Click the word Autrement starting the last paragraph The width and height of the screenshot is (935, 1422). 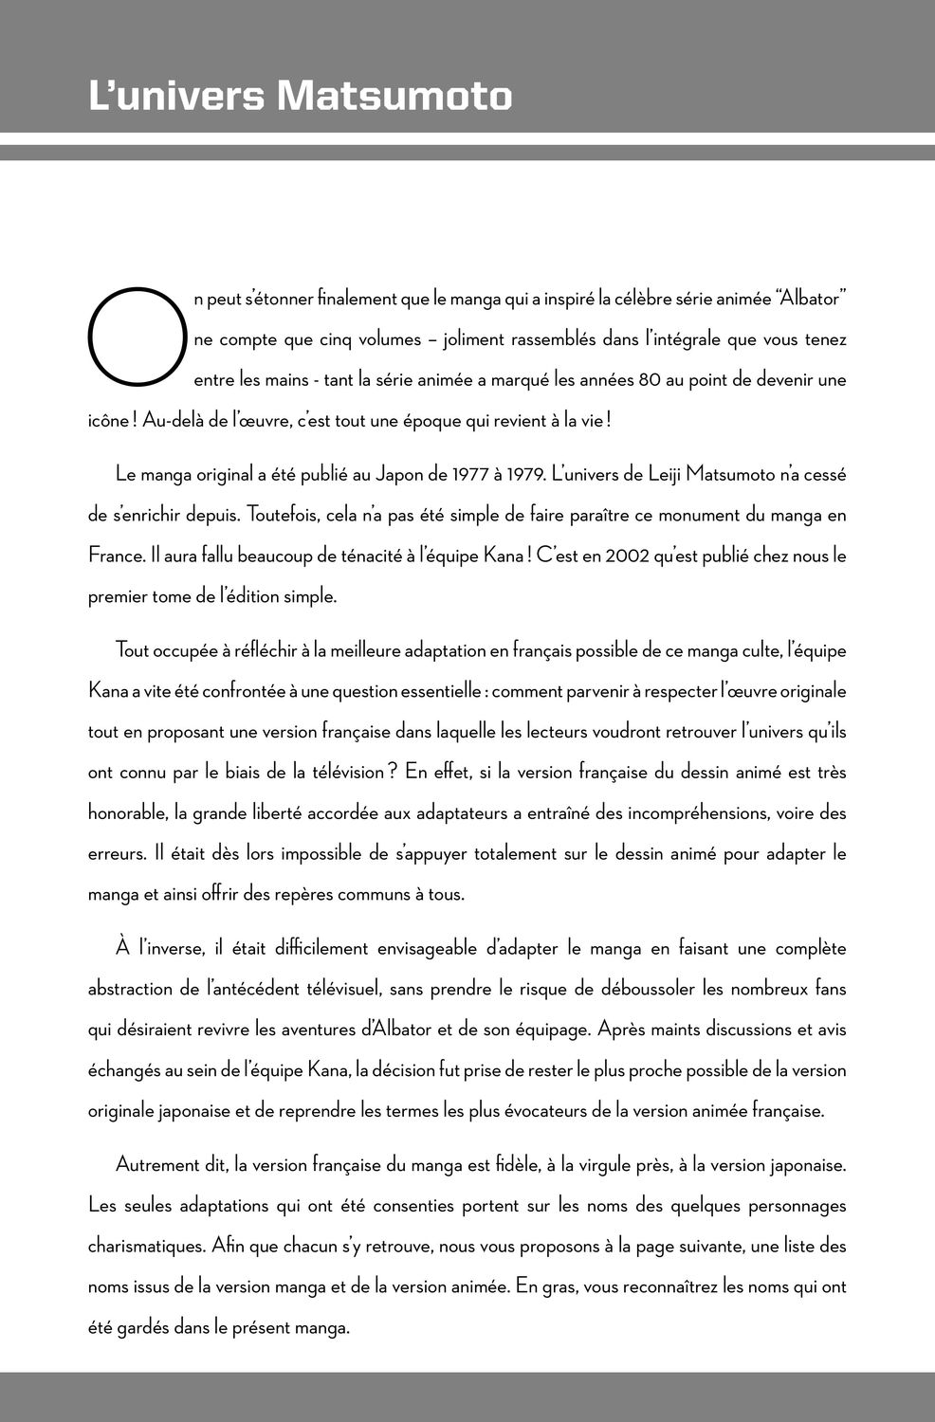(156, 1165)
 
